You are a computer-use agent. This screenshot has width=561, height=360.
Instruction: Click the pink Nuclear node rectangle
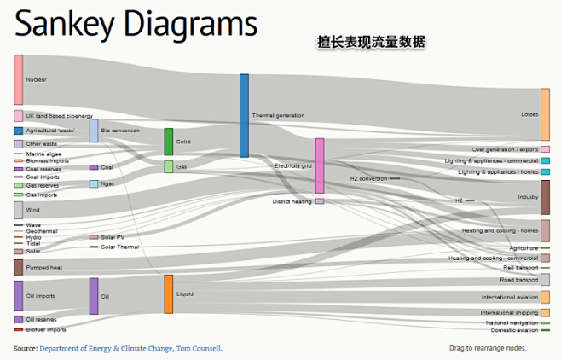[18, 79]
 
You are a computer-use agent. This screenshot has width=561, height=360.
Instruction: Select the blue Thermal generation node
[244, 115]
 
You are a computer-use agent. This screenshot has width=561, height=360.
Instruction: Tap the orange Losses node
[545, 113]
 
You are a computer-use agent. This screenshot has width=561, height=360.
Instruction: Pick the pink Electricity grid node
[320, 165]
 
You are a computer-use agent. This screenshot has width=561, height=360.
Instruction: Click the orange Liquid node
[169, 293]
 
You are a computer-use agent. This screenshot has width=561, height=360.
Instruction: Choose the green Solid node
[169, 141]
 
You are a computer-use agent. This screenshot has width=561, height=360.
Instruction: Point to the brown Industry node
[545, 197]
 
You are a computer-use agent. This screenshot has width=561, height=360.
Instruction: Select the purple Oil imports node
[18, 295]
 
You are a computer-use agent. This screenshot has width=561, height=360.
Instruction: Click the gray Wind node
[18, 209]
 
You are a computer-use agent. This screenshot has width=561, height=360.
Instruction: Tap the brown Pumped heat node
[18, 267]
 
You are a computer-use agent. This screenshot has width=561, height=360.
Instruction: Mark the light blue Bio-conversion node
[94, 131]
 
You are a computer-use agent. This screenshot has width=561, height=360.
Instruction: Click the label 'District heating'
[292, 202]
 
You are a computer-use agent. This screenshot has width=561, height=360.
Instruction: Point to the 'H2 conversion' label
[368, 178]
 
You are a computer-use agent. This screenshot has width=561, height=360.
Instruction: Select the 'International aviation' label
[509, 298]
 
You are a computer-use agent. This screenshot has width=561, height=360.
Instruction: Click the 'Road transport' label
[518, 280]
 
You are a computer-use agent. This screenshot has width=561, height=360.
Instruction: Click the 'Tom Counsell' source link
[198, 348]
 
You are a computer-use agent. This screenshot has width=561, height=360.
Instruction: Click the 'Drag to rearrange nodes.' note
[487, 348]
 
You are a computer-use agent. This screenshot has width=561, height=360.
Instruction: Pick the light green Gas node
[169, 167]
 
